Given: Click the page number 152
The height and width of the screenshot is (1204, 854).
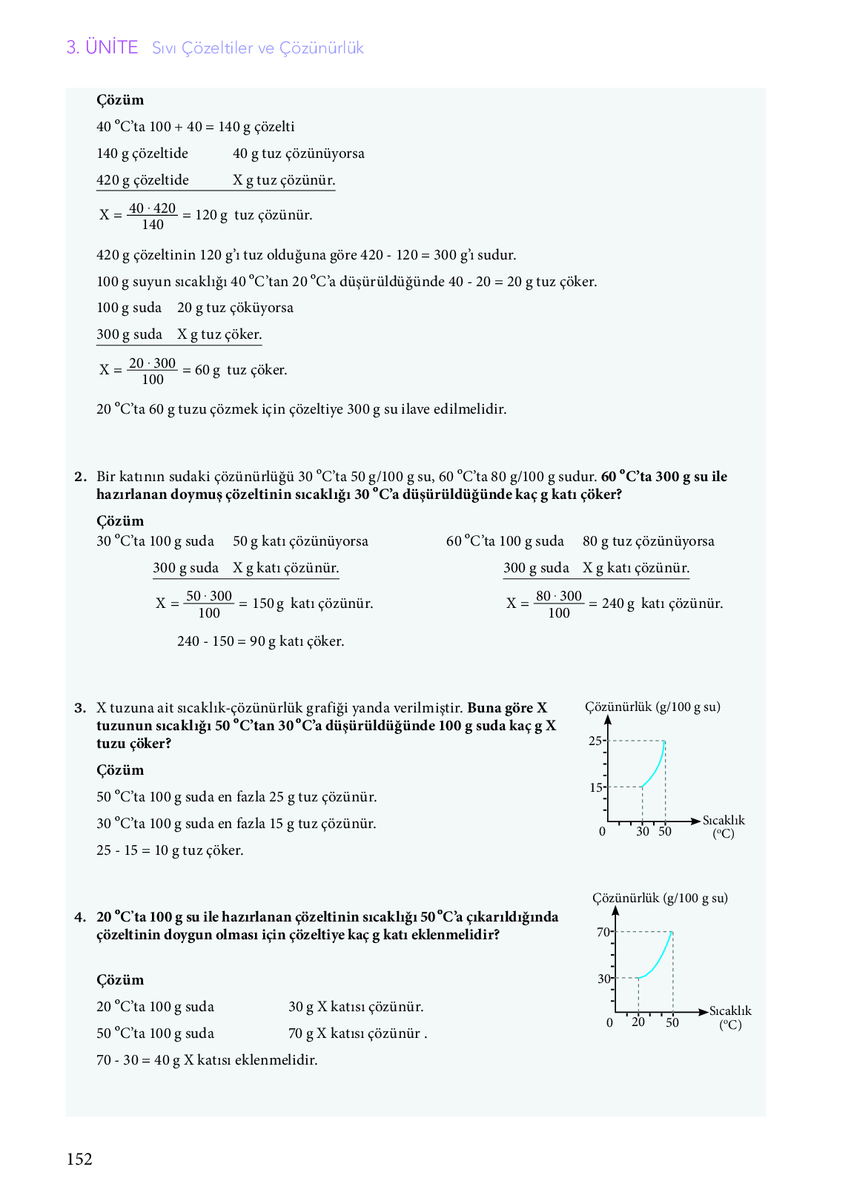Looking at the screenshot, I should coord(79,1159).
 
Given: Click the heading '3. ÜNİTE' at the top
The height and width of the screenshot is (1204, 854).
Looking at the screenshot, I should coord(102,47).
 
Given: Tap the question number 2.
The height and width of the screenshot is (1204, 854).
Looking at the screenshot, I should coord(80,477).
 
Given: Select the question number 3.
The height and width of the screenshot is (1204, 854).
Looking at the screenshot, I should coord(80,708).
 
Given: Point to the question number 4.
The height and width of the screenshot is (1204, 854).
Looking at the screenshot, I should coord(80,917).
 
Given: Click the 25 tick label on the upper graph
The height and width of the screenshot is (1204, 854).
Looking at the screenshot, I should coord(595,741).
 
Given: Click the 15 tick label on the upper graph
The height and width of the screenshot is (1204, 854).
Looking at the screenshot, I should coord(596,787).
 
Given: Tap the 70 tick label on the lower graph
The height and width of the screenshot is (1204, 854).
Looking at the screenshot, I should coord(603,932).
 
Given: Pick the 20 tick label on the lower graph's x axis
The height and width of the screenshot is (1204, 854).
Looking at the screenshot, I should coord(638,1022).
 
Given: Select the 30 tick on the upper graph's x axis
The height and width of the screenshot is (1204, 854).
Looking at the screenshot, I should coord(643,831).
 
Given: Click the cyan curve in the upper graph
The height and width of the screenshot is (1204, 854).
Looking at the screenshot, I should coord(656,767).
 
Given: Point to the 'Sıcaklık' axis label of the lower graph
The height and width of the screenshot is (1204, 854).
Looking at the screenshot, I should coord(730,1010).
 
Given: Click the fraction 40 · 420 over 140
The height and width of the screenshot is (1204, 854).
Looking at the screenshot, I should coord(153,216).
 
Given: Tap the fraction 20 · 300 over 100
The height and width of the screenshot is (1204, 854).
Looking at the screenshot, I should coord(153,371).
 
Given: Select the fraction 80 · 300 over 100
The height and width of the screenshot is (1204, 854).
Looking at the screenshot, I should coord(559,604).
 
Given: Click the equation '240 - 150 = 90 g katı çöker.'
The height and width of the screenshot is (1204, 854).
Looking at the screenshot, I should coord(261,641).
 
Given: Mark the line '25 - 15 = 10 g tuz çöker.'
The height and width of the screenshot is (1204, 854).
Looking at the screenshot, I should coord(170,850).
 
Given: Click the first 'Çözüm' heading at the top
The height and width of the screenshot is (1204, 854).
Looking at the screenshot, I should coord(120,100).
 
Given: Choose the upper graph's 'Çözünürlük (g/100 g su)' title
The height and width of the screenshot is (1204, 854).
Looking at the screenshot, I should coord(652,707).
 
